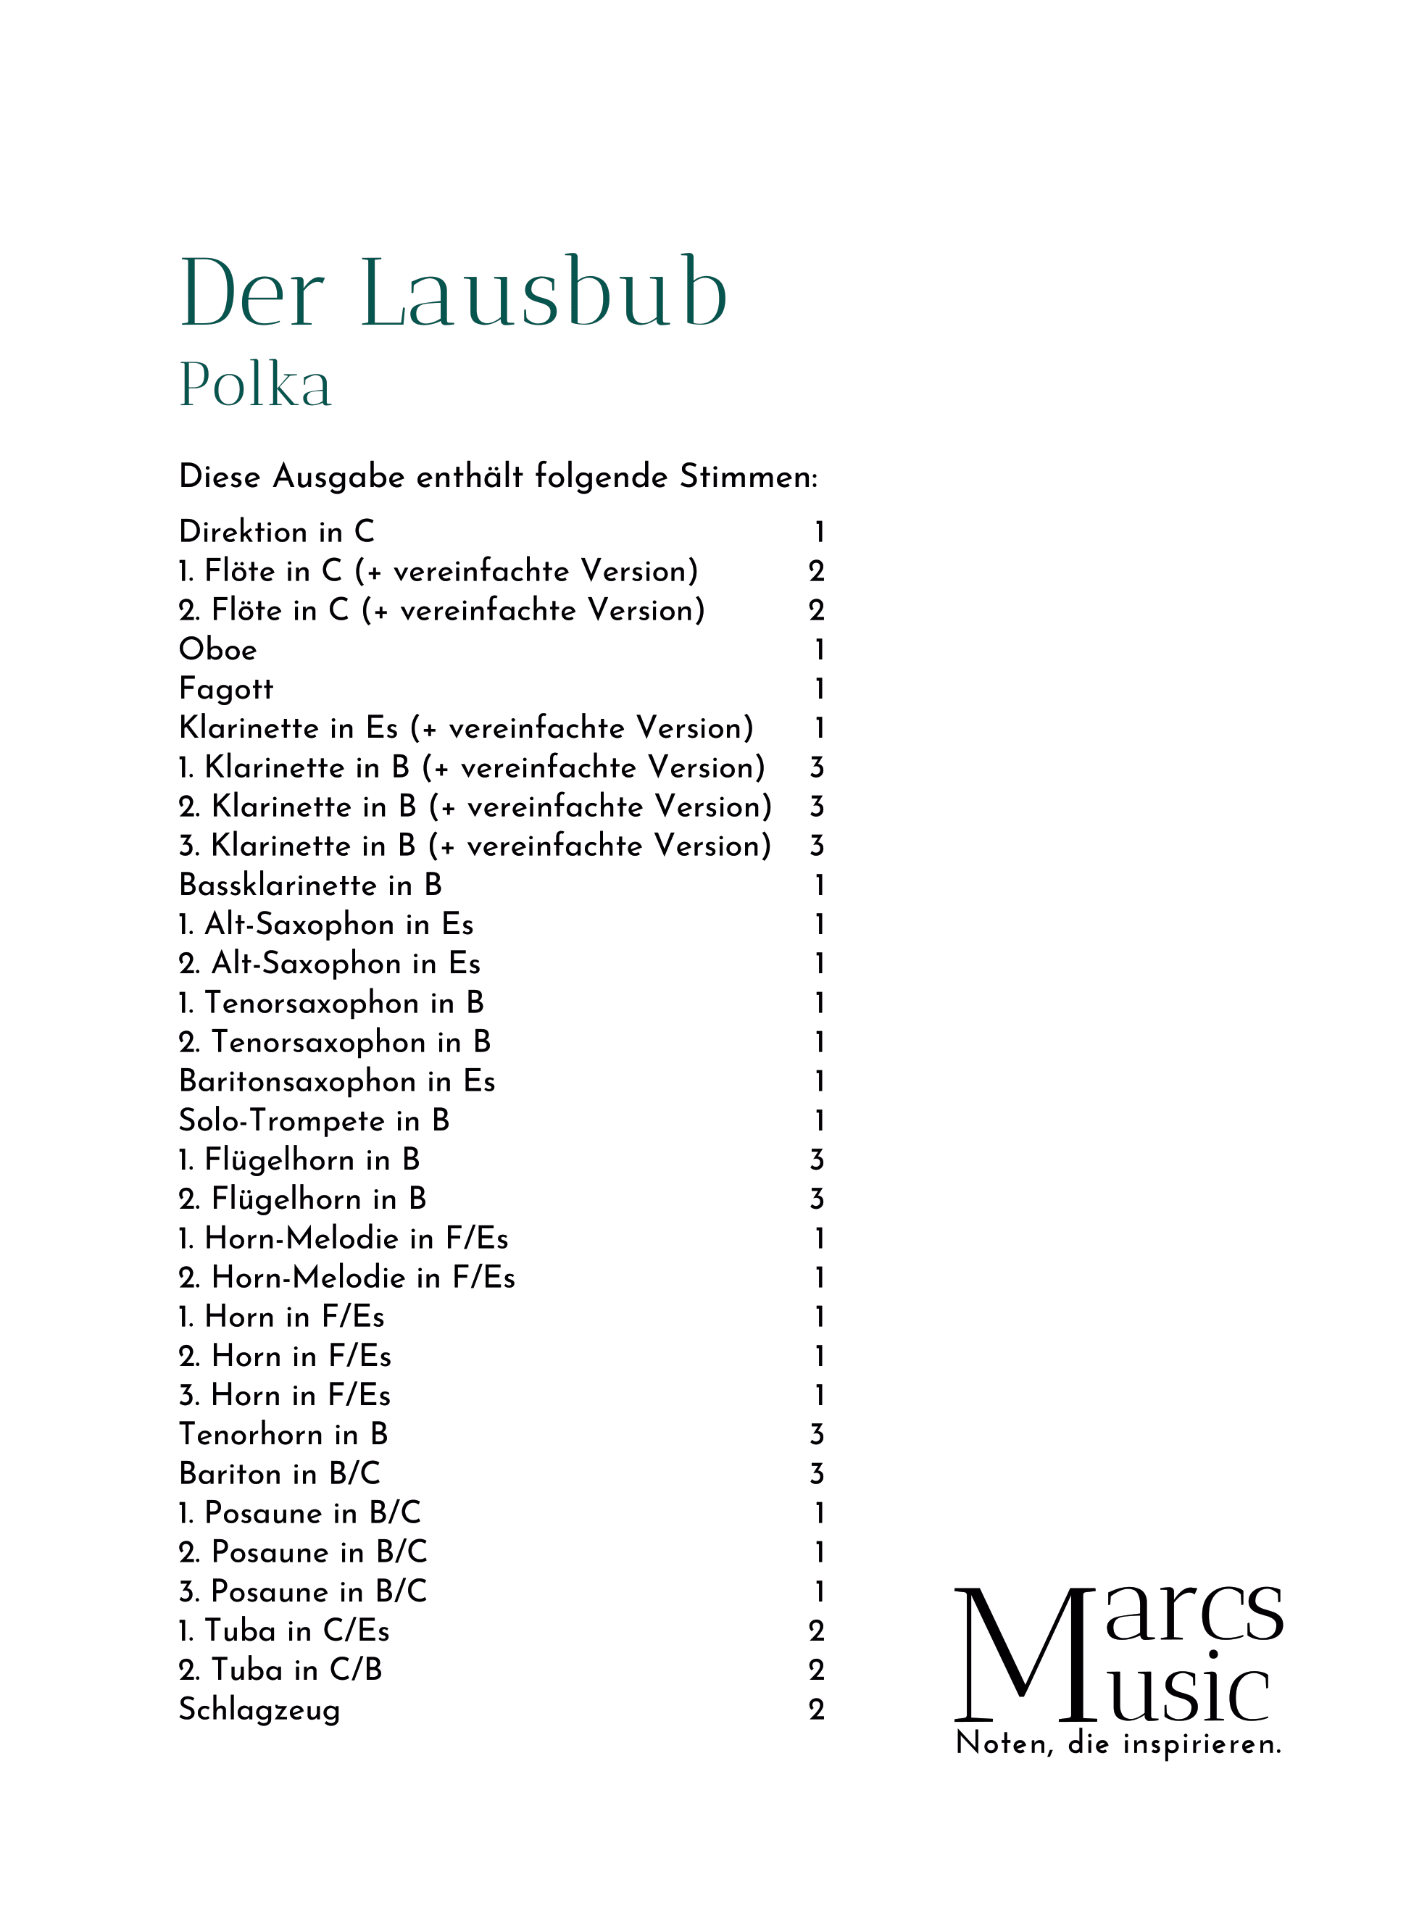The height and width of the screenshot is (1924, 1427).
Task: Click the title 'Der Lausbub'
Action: [454, 293]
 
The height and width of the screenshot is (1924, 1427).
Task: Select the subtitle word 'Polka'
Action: [256, 384]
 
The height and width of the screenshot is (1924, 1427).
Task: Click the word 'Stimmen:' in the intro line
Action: [748, 477]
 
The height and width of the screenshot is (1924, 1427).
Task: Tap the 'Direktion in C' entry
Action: [276, 532]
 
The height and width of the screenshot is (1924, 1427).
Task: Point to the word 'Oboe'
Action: [217, 649]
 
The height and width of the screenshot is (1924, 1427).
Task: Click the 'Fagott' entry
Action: [225, 689]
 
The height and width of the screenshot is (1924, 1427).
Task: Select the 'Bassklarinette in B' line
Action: [310, 885]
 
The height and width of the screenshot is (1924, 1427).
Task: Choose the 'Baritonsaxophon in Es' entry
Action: [337, 1081]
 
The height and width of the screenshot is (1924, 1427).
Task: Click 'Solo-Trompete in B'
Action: [314, 1121]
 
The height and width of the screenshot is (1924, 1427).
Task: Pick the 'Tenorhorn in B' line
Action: [283, 1434]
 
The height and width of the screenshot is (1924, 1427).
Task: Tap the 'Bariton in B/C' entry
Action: [279, 1474]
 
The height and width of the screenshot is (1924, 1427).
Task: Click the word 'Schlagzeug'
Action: [259, 1709]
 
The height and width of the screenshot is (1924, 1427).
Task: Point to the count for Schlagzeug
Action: [816, 1709]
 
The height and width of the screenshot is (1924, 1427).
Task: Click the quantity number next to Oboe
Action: [819, 649]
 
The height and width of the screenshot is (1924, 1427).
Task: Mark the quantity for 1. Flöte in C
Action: [816, 571]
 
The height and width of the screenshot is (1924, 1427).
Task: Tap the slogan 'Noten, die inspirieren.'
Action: [1118, 1744]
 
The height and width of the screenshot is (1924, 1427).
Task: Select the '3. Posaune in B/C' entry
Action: [302, 1591]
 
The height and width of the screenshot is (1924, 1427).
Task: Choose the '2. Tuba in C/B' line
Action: [280, 1670]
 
